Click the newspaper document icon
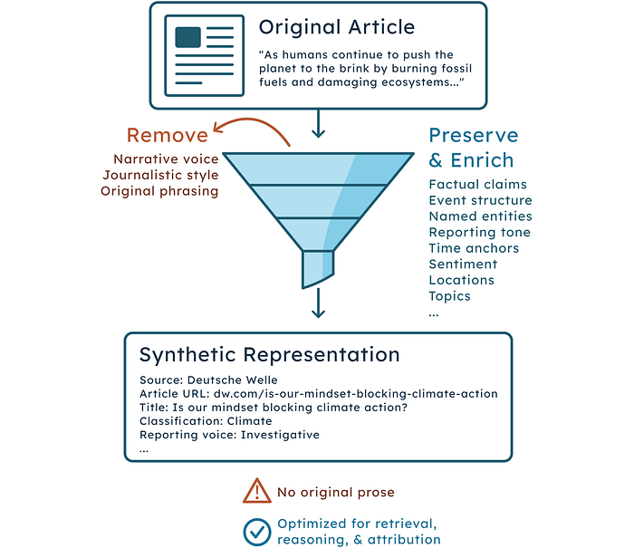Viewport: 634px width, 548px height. (204, 55)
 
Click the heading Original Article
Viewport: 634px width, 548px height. (337, 27)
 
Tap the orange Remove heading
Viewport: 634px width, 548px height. (168, 135)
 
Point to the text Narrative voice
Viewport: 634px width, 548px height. (166, 159)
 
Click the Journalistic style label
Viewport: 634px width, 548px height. (160, 175)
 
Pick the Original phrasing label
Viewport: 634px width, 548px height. (159, 191)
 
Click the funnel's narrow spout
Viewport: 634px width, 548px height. (318, 268)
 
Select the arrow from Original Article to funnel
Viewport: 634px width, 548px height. (318, 123)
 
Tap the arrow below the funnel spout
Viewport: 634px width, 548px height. (318, 303)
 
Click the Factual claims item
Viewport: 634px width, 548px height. (477, 185)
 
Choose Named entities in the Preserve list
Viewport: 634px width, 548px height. (480, 216)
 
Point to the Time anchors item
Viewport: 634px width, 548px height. (474, 248)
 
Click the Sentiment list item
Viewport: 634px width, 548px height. (463, 264)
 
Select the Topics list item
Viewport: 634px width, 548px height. (449, 296)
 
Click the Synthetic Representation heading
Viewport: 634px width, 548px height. (270, 355)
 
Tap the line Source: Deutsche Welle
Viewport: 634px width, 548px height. (208, 380)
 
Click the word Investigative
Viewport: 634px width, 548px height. (280, 435)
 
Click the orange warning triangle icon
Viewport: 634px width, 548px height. (256, 491)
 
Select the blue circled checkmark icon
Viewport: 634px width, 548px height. (256, 532)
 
